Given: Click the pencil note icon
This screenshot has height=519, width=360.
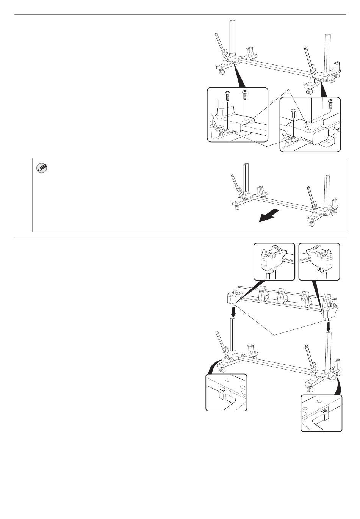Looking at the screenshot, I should coord(41,168).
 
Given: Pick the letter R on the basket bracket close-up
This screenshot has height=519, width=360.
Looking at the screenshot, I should coord(321,270).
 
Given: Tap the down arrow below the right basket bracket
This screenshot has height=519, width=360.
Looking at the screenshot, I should coord(328,325).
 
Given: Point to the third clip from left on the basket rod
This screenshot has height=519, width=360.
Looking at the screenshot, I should coord(306,298).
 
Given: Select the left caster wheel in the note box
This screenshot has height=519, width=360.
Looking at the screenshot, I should coord(237,207).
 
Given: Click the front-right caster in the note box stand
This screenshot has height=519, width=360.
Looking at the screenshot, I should coord(311,224).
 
